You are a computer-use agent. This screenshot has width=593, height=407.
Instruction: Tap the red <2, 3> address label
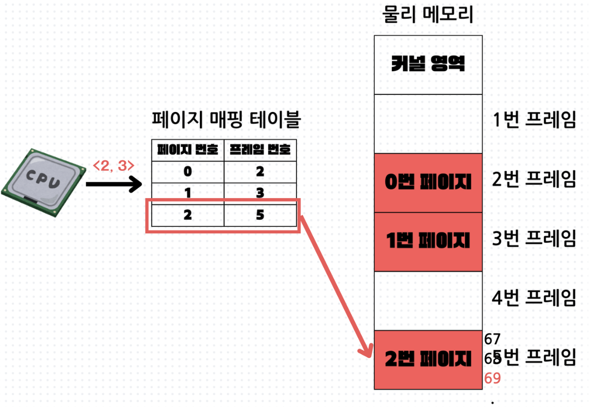click(114, 166)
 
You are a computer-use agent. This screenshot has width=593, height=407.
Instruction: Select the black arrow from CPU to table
click(114, 184)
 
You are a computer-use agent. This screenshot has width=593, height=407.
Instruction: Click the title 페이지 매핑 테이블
click(226, 120)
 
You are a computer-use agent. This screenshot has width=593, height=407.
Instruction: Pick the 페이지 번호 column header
click(188, 150)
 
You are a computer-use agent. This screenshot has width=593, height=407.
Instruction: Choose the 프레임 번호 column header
click(260, 150)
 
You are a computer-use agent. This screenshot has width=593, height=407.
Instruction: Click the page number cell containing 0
click(188, 171)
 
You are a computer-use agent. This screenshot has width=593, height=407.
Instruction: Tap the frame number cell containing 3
click(260, 193)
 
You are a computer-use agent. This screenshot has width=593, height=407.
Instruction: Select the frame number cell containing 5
click(260, 215)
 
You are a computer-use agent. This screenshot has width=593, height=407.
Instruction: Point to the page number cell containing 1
click(188, 193)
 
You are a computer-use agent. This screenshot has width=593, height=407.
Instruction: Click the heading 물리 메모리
click(428, 16)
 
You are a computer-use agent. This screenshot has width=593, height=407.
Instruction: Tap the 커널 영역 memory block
click(428, 65)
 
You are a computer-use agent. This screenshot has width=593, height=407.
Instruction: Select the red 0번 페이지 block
click(428, 183)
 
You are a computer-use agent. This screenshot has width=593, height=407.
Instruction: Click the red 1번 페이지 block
click(428, 241)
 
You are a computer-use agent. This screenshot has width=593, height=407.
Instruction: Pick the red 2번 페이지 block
click(428, 359)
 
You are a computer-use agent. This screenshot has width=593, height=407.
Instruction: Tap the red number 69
click(493, 378)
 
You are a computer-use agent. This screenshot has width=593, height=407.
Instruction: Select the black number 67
click(493, 339)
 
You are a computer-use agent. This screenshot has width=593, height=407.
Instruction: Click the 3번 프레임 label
click(534, 239)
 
